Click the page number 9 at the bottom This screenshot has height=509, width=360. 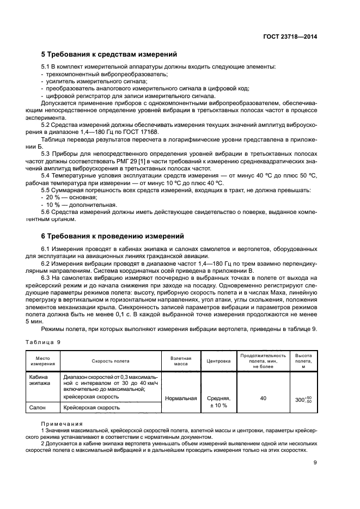pyautogui.click(x=315, y=463)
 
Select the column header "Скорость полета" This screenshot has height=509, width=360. pyautogui.click(x=111, y=360)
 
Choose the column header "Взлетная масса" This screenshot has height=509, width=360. pyautogui.click(x=180, y=360)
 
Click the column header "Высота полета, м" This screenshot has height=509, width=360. pyautogui.click(x=303, y=360)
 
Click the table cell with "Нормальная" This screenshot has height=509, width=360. pyautogui.click(x=180, y=398)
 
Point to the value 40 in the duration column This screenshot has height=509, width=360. pyautogui.click(x=263, y=398)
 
